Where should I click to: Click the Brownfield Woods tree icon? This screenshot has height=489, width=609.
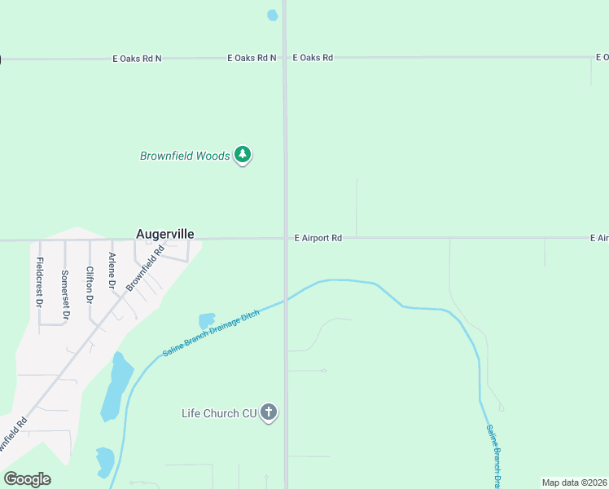point(242,154)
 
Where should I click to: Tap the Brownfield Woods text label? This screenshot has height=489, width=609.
point(185,156)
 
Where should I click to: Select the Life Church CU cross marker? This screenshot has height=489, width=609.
point(269,413)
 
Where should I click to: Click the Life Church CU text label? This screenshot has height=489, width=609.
point(219,414)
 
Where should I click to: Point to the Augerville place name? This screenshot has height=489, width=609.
point(164,234)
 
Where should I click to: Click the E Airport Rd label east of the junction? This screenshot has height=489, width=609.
point(318,238)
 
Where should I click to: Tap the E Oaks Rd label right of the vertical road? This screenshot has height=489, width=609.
point(313,58)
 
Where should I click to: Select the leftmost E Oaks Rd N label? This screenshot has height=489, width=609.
point(137,59)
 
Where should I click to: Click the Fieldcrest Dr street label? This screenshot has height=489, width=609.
point(40,281)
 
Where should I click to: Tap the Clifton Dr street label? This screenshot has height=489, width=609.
point(90,284)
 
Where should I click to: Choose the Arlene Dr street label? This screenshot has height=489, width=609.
point(113,271)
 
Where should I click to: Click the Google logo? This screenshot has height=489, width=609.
point(27,479)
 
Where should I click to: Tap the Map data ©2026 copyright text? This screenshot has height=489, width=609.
point(575,482)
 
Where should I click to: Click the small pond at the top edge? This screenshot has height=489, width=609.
point(272,15)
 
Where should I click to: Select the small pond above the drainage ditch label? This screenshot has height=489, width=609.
point(207,322)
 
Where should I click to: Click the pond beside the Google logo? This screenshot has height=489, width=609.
point(104,461)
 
